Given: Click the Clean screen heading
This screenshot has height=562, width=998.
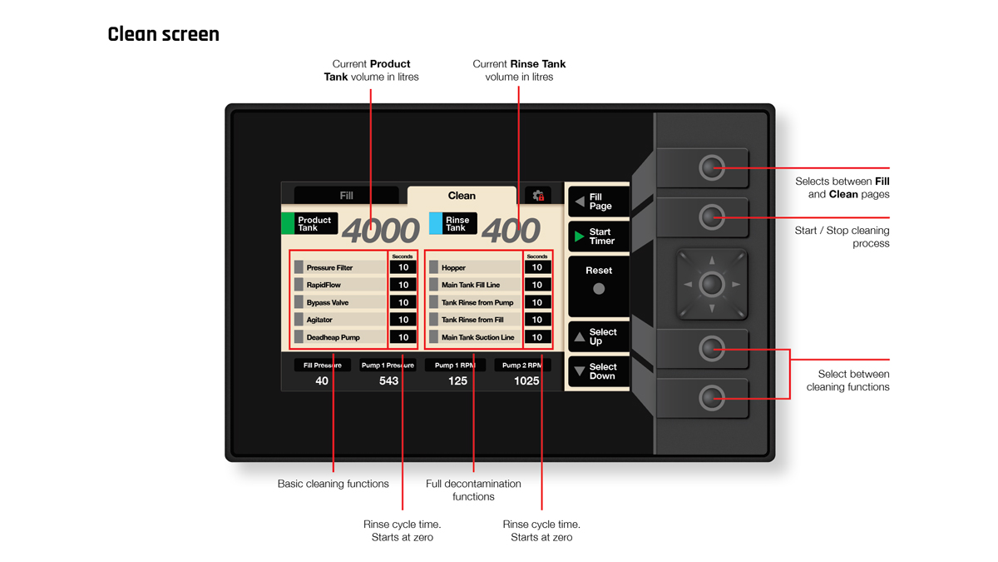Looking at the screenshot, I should point(164,35).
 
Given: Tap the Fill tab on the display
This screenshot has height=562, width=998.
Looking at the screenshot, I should point(346,196).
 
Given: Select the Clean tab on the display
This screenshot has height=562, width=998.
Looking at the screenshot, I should point(462,196).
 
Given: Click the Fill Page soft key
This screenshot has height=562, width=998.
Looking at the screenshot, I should point(598,201).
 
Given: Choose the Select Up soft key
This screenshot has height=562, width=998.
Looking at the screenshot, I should point(598,336).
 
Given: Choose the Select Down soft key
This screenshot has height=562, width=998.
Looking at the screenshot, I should point(598,371).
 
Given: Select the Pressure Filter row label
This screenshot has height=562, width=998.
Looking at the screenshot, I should point(329,268).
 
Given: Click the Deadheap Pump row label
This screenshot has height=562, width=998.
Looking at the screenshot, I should point(333,337).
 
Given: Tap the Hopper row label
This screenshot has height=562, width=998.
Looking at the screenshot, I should point(453,268).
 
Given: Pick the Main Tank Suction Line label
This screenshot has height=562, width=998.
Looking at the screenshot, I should point(477,337).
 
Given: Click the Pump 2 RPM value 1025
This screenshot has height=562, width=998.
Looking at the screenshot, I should point(526,381).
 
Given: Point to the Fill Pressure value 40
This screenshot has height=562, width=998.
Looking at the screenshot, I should point(322,381).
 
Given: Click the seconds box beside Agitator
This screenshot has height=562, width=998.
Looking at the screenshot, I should point(403,320).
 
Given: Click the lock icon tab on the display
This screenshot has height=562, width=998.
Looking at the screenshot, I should point(538,196).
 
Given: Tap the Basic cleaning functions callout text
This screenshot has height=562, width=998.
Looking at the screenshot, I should point(333,484).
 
